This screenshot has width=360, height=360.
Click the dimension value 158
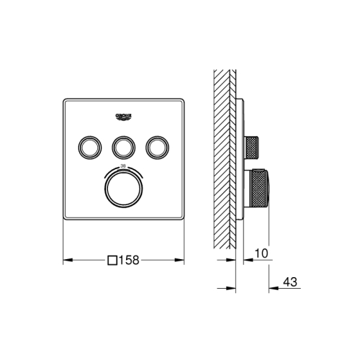click(128, 261)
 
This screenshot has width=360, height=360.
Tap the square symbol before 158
click(112, 261)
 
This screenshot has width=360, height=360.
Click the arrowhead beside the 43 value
click(274, 288)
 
